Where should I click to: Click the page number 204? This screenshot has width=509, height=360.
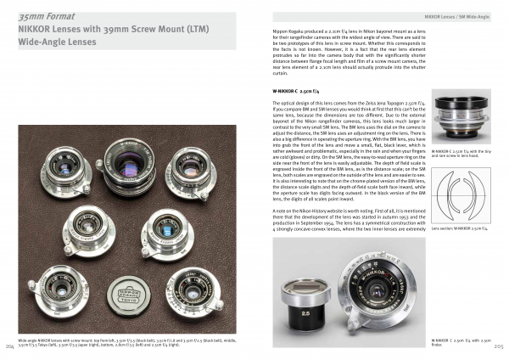coord(9,346)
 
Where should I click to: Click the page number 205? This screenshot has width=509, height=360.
coord(499,346)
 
